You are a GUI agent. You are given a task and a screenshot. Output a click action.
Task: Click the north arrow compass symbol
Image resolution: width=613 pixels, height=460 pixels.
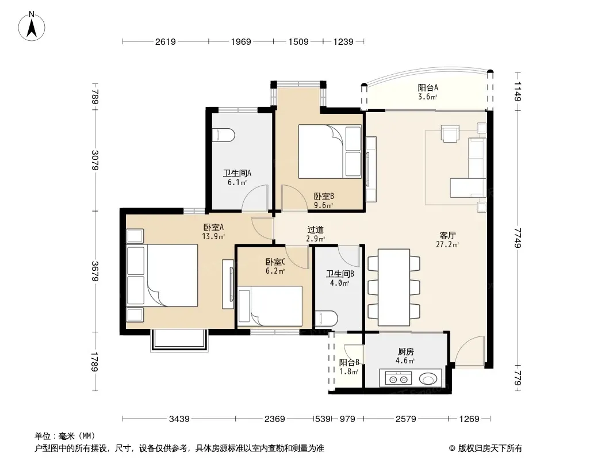coord(32,26)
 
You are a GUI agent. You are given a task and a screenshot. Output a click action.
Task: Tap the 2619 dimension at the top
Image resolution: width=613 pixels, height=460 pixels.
coord(166,42)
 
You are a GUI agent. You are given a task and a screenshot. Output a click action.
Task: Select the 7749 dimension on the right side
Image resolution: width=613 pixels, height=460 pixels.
coord(518,237)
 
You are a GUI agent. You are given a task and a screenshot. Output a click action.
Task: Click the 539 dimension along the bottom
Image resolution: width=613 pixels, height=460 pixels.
coord(323,419)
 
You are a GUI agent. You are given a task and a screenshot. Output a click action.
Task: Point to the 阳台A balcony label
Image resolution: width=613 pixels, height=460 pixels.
coord(428,87)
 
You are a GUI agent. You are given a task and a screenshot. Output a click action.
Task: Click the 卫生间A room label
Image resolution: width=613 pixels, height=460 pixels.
coord(237,173)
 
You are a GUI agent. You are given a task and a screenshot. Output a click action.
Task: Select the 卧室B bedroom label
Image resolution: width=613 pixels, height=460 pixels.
coord(324,196)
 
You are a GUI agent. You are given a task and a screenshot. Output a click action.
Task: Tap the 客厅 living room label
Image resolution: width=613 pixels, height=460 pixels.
coord(447,235)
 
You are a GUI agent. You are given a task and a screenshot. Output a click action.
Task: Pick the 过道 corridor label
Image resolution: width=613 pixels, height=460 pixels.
coord(315,230)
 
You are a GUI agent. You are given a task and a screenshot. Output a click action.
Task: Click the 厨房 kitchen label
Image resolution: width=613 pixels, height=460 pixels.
coord(406,352)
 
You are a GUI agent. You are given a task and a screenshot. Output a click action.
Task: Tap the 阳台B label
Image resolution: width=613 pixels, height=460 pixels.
coord(349,362)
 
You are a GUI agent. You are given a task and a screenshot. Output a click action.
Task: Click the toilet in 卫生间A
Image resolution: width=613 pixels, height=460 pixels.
coord(223,135)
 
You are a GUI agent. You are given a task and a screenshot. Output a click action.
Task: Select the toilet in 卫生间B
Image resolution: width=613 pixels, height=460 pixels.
coord(327,319)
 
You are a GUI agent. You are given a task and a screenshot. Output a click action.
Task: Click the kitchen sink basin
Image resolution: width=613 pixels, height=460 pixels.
coord(428,378)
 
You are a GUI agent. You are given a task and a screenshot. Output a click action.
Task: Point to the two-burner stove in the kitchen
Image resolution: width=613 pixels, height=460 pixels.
coord(399,378)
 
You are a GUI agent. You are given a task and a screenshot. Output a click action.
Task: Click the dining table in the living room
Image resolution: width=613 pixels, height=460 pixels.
coord(394,287)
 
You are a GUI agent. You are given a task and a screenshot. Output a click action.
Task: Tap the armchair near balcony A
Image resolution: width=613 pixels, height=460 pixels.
coord(450,133)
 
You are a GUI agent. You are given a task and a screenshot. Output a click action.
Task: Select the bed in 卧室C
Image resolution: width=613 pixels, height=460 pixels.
coord(270,306)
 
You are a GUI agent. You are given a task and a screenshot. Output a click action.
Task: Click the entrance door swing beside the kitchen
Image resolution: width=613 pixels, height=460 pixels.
coord(469,351)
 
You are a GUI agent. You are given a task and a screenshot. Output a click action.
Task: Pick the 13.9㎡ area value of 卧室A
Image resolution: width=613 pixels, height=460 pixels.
coord(213,236)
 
